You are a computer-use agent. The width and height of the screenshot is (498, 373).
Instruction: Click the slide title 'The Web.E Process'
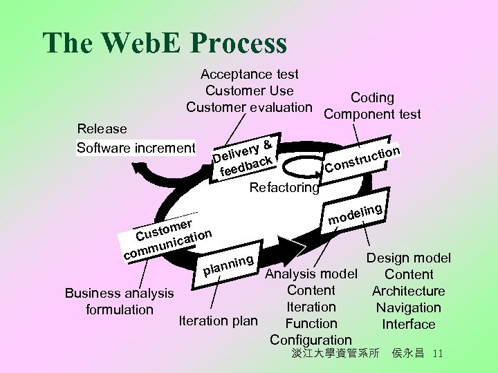165,43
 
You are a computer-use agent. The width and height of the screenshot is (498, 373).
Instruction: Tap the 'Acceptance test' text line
249,74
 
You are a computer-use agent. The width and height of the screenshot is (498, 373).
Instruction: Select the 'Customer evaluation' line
249,107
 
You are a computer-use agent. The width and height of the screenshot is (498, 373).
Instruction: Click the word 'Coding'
372,98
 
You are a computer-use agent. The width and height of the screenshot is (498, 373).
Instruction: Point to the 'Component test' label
372,115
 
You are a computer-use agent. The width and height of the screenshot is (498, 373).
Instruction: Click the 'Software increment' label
136,148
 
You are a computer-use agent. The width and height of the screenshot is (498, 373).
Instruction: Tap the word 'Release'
102,129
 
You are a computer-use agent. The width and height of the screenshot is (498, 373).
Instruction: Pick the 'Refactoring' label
284,187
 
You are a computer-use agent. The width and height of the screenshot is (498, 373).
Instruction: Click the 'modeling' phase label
356,213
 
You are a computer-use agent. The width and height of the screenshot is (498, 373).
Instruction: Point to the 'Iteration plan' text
218,321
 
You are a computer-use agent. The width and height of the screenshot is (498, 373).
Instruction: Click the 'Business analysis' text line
118,293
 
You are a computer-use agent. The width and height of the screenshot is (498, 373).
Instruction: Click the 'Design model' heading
408,258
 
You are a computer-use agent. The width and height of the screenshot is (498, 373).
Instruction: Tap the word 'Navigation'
408,308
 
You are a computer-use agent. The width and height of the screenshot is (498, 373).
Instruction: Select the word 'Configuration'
311,340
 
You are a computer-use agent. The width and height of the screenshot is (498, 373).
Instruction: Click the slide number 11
436,354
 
